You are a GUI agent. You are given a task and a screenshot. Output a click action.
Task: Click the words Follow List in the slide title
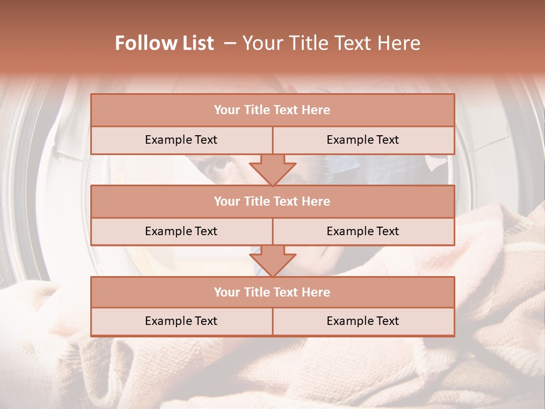(165, 43)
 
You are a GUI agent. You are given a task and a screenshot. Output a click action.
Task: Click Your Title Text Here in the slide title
(331, 43)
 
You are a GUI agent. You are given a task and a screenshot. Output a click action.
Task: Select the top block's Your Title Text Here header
(272, 110)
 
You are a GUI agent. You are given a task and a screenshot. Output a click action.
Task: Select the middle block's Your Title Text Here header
(272, 201)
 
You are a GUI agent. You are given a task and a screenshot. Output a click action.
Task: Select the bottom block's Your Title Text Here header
(272, 292)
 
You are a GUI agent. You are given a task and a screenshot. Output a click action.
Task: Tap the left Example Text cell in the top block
(181, 140)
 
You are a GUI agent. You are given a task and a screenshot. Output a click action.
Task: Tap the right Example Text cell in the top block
(363, 140)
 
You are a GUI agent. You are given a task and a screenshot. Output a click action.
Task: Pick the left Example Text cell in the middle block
(181, 231)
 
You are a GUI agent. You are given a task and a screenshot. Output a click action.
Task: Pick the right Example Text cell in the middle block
(363, 231)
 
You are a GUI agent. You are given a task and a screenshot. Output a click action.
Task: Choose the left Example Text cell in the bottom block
(181, 321)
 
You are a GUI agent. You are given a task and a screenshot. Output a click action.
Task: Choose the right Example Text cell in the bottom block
(363, 321)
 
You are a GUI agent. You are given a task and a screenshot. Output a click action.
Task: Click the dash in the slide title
(230, 43)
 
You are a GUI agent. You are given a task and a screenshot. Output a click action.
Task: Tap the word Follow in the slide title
(144, 43)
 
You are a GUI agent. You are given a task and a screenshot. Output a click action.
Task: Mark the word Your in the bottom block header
(225, 292)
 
